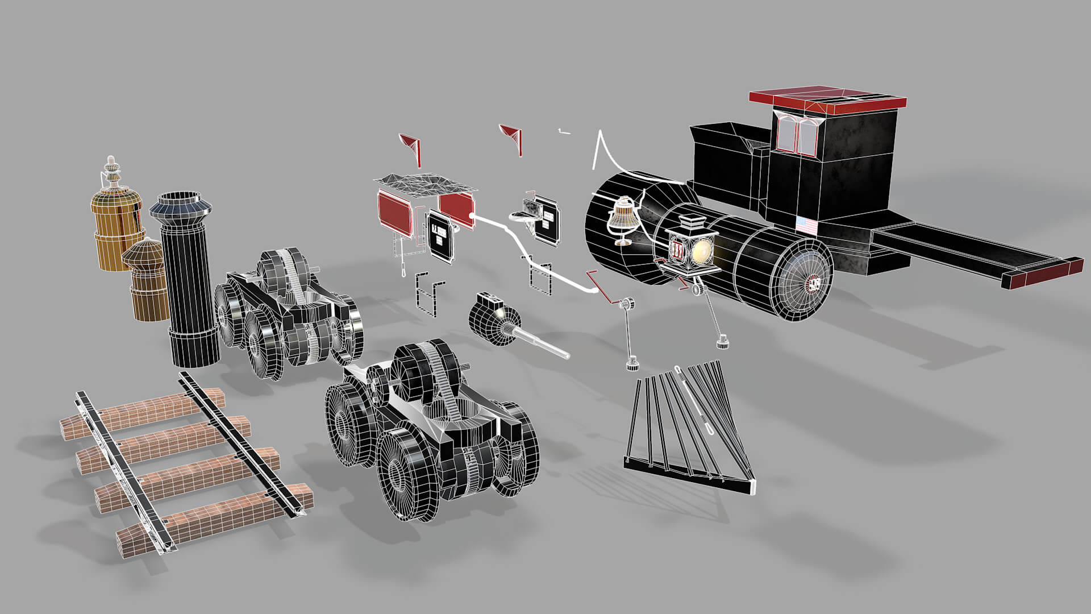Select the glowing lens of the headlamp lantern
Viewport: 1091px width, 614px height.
point(702,251)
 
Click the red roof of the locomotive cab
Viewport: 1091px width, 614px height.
point(827,98)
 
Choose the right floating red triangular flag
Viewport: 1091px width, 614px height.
point(513,136)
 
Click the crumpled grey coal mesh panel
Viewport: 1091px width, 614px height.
point(426,184)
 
